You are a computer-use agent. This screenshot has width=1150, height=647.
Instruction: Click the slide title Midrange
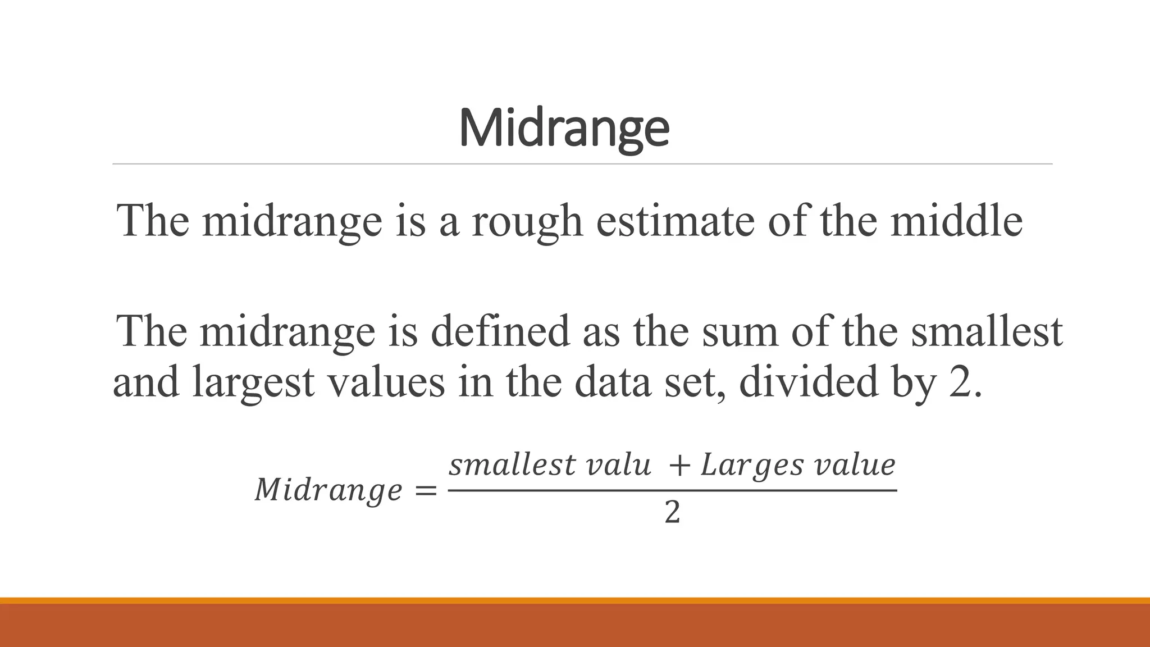[564, 127]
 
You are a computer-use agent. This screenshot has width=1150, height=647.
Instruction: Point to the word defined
[500, 331]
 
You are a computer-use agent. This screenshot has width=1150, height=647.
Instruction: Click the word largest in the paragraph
[253, 382]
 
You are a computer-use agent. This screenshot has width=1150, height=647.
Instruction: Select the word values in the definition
[386, 382]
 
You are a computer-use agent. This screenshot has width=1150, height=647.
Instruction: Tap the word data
[613, 382]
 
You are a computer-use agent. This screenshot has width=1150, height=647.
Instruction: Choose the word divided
[809, 382]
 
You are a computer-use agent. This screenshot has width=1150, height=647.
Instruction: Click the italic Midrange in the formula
[328, 490]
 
